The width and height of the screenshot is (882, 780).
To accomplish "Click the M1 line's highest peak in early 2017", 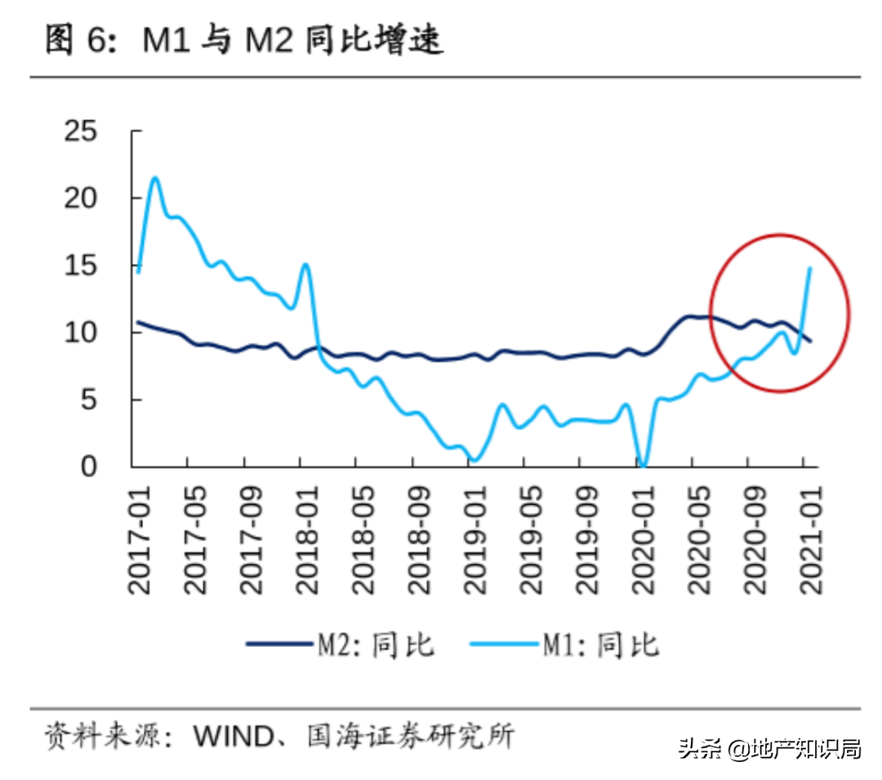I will [154, 177].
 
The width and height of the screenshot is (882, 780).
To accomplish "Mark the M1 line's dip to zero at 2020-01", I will [643, 466].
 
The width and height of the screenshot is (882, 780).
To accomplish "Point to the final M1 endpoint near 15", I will [809, 268].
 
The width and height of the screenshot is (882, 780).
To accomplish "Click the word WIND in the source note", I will [231, 738].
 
